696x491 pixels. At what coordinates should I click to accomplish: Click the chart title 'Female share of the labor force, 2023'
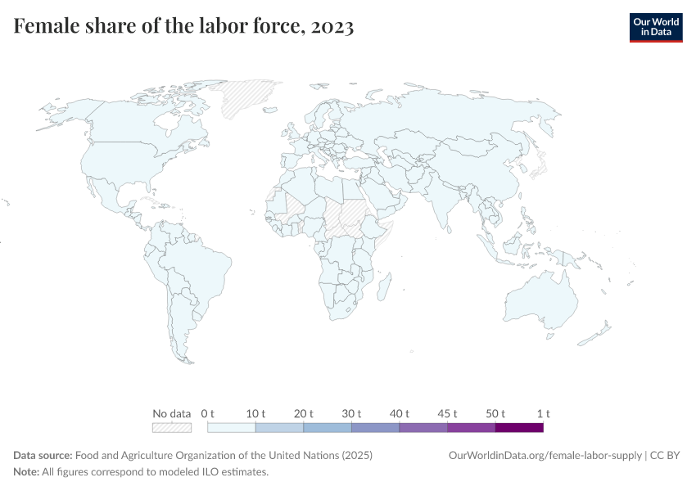click(183, 27)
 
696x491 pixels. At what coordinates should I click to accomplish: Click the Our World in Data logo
click(655, 27)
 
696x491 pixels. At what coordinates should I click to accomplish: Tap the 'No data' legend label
click(171, 413)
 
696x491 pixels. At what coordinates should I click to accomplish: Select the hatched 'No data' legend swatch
click(171, 427)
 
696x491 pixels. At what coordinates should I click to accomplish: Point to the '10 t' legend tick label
click(255, 413)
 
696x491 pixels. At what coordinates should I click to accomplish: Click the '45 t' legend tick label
click(447, 413)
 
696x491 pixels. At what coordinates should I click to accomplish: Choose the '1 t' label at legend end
click(543, 413)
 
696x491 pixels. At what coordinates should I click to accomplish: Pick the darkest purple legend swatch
click(519, 427)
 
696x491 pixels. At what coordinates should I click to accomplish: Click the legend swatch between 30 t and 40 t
click(375, 427)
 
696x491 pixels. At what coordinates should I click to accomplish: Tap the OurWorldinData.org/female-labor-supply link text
click(545, 455)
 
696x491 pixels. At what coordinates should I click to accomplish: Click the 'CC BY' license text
click(665, 455)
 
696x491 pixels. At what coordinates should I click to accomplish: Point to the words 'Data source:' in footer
click(43, 455)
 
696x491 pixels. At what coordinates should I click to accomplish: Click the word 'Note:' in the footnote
click(27, 471)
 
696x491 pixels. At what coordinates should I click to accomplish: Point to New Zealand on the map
click(602, 332)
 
